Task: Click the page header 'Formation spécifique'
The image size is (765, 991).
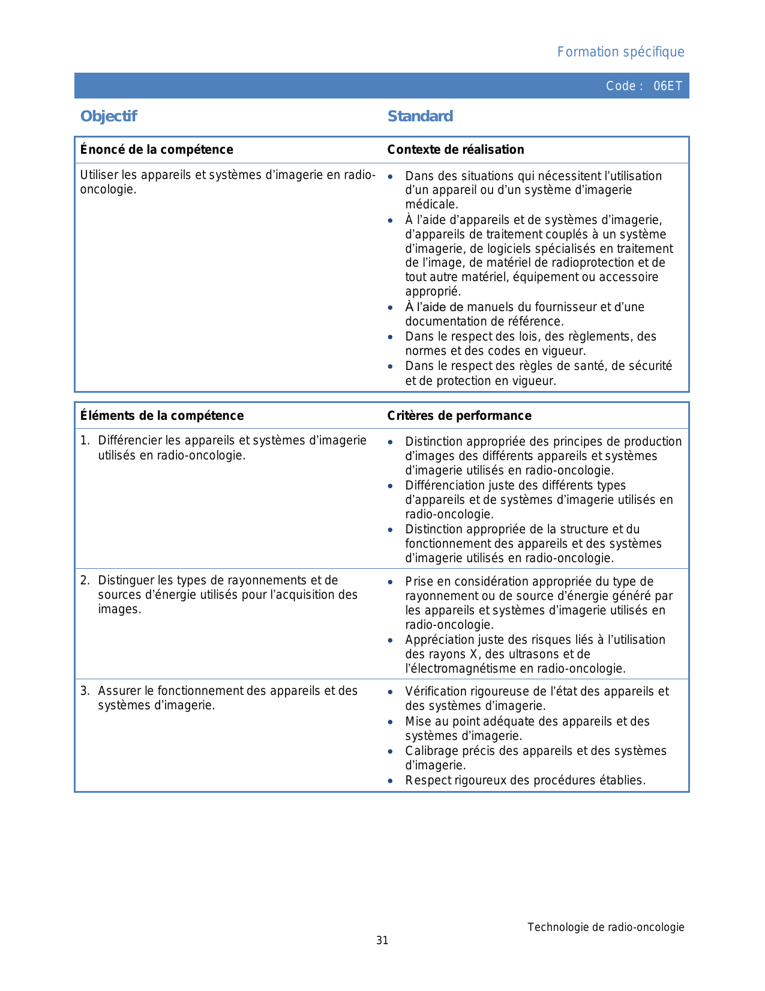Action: click(x=620, y=52)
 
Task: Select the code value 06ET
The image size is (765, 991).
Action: click(x=668, y=86)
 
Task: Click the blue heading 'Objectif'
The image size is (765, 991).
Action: click(x=109, y=117)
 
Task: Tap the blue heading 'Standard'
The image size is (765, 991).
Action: click(x=420, y=117)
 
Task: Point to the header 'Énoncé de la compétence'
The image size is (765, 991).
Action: click(x=157, y=150)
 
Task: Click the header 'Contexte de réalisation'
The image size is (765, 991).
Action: click(x=455, y=150)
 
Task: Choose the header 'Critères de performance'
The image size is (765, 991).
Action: click(x=459, y=416)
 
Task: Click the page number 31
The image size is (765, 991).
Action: click(x=382, y=941)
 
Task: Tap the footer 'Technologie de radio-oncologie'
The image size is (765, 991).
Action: click(x=605, y=927)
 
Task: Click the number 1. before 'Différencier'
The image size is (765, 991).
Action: click(x=85, y=441)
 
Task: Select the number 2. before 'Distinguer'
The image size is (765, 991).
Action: click(x=85, y=580)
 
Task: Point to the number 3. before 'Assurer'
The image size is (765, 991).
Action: click(x=85, y=691)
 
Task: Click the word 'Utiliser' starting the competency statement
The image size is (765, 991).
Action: click(x=99, y=175)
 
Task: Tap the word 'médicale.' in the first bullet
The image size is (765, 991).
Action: click(x=431, y=205)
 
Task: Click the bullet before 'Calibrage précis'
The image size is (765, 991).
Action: click(x=391, y=751)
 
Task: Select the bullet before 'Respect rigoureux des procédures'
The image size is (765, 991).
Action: click(x=391, y=781)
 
